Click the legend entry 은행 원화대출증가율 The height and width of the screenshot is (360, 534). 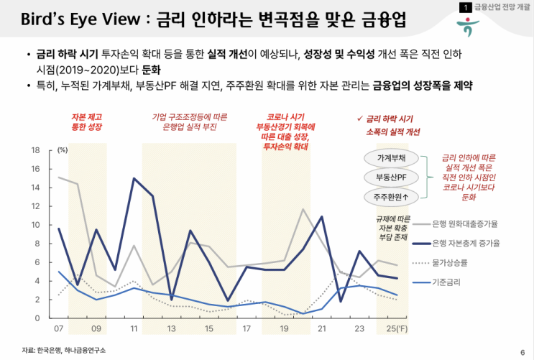[x=466, y=224]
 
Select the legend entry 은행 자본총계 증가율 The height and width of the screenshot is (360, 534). [x=466, y=244]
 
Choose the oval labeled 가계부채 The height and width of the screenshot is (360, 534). [x=392, y=158]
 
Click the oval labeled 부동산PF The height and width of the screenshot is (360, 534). [x=392, y=177]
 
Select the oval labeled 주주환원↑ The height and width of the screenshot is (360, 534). [x=392, y=196]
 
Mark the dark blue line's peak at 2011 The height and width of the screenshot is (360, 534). [x=134, y=178]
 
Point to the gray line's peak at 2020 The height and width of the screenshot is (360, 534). [x=303, y=209]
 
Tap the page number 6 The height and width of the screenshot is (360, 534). [x=522, y=351]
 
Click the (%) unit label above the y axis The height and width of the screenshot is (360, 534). [x=63, y=150]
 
